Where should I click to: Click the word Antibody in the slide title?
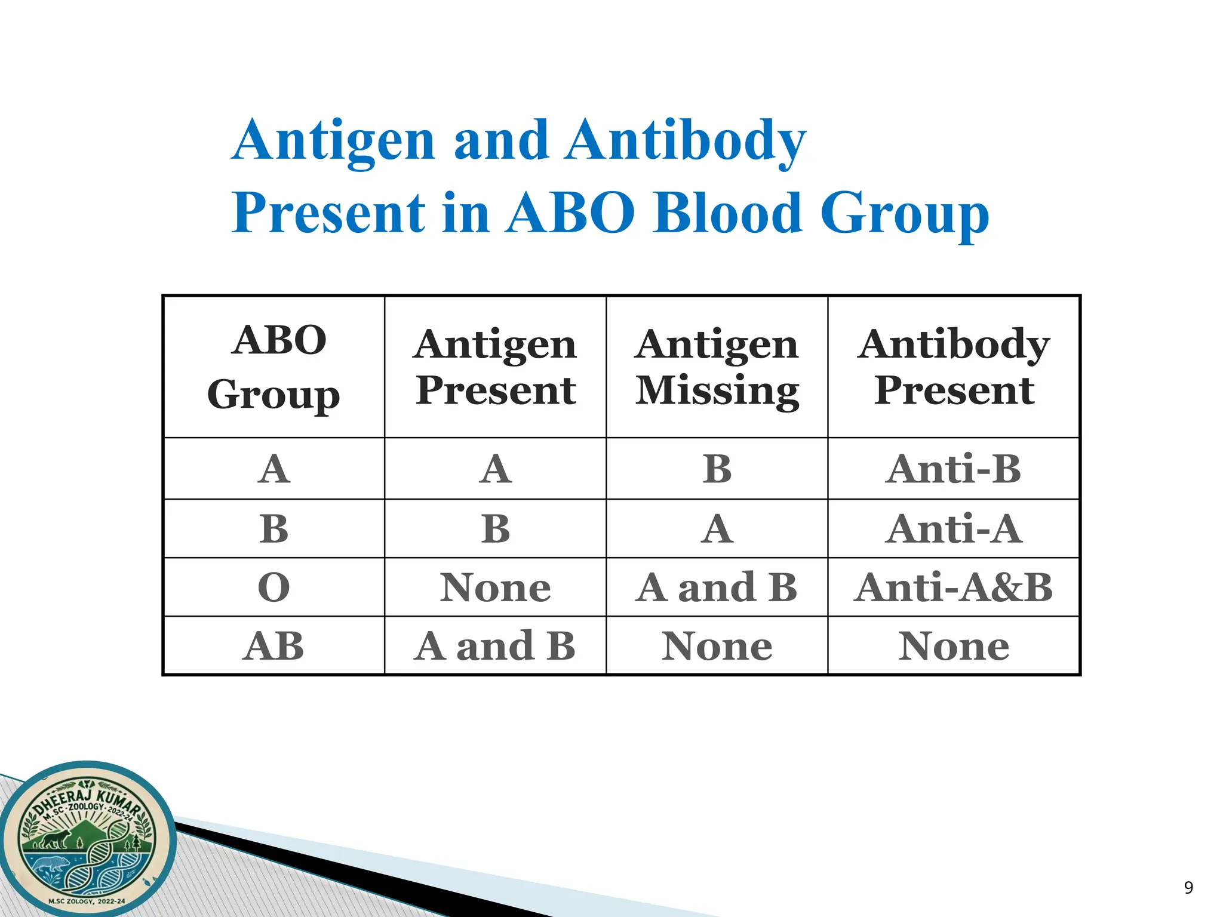click(687, 141)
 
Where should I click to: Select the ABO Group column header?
click(274, 367)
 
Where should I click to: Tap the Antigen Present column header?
click(496, 367)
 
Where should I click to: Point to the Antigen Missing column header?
click(717, 367)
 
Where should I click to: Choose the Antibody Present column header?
click(954, 367)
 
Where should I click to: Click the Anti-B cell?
click(954, 469)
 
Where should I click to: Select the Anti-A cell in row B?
click(954, 529)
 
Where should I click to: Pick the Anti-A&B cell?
click(954, 587)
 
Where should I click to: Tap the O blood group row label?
click(274, 587)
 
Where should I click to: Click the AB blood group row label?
click(274, 646)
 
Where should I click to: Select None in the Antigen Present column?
click(496, 587)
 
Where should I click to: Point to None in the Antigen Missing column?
click(717, 646)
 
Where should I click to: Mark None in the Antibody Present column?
click(954, 646)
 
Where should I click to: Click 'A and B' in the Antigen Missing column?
click(717, 587)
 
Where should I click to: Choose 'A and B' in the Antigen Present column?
click(496, 646)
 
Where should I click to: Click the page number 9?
click(1188, 888)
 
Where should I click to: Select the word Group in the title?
click(905, 213)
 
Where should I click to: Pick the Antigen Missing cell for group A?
click(717, 469)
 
